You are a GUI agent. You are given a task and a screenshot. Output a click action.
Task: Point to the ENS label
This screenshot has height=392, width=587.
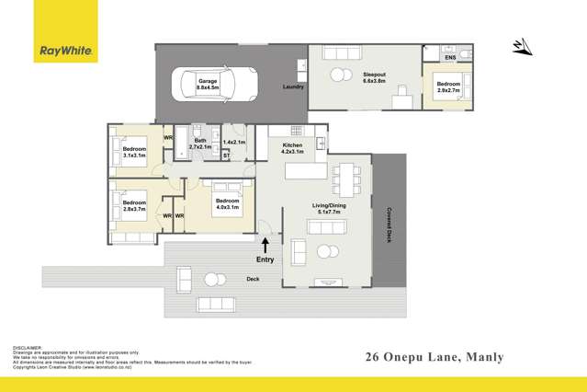(x=450, y=58)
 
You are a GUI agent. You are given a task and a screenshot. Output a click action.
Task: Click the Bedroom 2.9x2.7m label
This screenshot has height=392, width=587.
(x=448, y=88)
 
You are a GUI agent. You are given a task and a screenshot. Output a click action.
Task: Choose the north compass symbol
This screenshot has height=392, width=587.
(x=520, y=46)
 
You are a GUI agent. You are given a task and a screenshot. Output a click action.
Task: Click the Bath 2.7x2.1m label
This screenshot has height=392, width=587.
(x=199, y=144)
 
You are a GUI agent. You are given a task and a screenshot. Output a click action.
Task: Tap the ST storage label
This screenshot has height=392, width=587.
(x=226, y=156)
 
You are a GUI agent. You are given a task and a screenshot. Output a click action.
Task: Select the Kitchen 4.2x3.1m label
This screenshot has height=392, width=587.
(x=292, y=148)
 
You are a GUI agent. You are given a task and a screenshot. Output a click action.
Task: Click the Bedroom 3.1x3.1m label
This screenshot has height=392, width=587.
(x=134, y=152)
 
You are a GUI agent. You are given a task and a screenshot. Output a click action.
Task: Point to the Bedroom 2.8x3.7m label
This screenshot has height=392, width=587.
(x=134, y=205)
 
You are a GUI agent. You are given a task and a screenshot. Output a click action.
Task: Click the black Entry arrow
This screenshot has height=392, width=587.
(x=265, y=245)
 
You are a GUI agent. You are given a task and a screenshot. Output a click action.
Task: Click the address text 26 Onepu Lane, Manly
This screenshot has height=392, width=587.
(x=434, y=356)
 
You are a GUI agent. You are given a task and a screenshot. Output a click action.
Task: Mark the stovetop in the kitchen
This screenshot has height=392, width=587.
(x=297, y=130)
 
